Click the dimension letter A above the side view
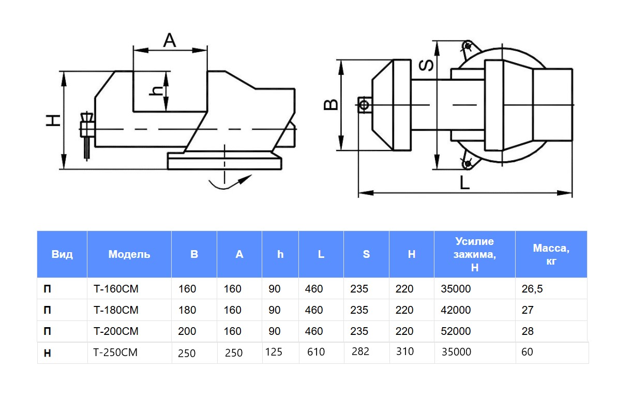170,40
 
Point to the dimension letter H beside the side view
53,120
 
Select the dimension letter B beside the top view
330,104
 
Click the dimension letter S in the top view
425,65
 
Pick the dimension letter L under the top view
464,183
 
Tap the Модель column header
129,254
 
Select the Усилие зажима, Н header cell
474,254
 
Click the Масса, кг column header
551,254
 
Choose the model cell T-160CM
116,289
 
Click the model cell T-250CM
116,352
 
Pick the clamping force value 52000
456,331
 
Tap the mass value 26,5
532,289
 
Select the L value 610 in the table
315,352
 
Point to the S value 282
360,351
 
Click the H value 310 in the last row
405,351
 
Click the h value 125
274,352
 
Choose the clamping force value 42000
456,310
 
